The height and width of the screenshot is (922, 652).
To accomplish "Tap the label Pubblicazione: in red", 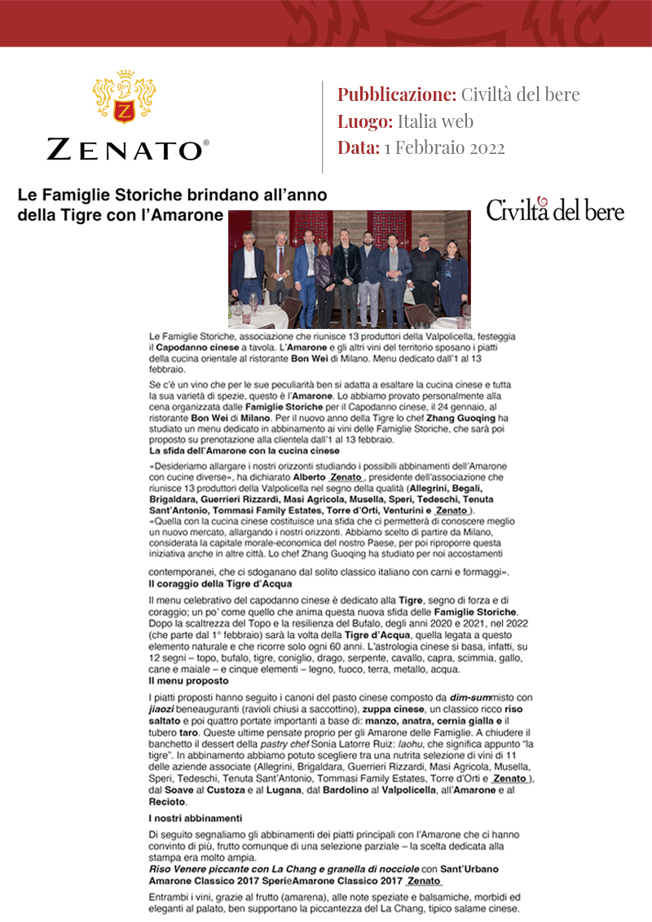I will tap(396, 94).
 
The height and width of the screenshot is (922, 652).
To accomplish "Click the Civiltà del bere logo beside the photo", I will tap(555, 210).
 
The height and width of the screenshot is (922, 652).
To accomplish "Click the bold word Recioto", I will tap(168, 802).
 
